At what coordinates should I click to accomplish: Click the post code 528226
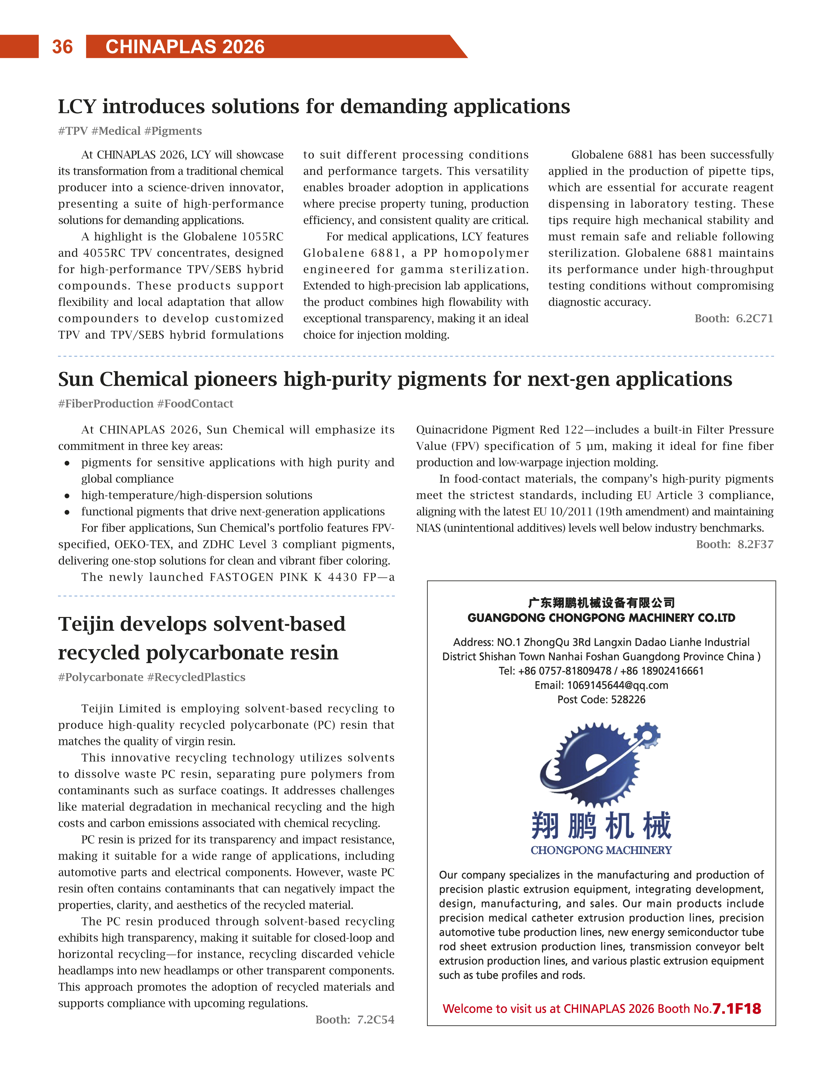(x=626, y=700)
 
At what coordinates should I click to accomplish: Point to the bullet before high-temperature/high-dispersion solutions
(x=67, y=495)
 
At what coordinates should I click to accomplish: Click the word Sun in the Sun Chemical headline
(x=76, y=379)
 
